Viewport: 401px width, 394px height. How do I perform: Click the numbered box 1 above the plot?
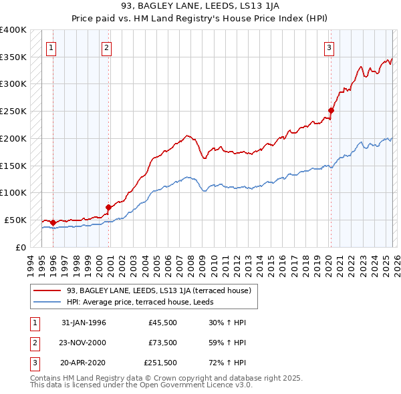pyautogui.click(x=52, y=47)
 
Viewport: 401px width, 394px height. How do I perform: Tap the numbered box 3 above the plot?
pyautogui.click(x=329, y=47)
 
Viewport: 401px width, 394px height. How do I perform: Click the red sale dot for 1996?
pyautogui.click(x=53, y=222)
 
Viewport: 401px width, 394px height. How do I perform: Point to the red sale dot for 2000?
pyautogui.click(x=109, y=207)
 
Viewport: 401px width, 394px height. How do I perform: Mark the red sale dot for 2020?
pyautogui.click(x=331, y=110)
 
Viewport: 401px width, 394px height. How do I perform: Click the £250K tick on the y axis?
pyautogui.click(x=13, y=112)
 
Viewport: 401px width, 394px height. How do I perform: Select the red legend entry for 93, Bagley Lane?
pyautogui.click(x=158, y=290)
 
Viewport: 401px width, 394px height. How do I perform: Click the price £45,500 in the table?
pyautogui.click(x=162, y=322)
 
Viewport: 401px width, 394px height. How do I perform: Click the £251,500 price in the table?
pyautogui.click(x=160, y=363)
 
